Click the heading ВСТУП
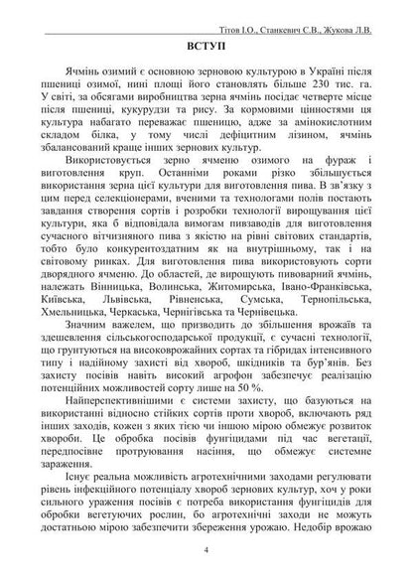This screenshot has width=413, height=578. pyautogui.click(x=206, y=48)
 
